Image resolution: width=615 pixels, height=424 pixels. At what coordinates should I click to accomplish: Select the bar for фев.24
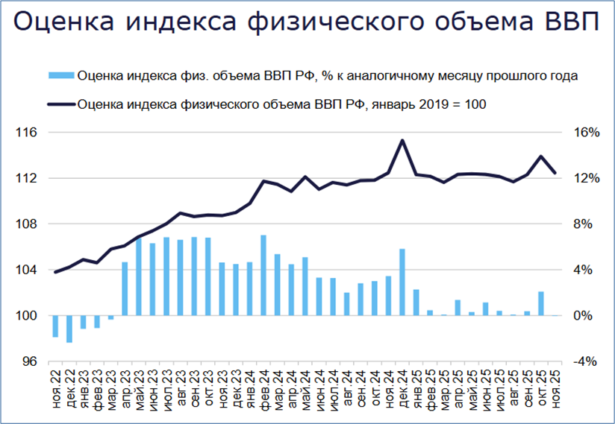263,275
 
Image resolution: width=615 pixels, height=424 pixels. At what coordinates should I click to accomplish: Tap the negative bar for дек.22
69,329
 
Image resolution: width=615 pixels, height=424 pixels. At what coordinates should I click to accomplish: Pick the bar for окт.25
541,303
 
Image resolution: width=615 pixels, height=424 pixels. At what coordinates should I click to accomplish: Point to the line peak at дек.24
402,140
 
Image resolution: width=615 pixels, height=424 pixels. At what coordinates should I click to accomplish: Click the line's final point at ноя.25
555,173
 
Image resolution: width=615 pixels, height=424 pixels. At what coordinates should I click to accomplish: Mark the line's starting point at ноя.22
55,272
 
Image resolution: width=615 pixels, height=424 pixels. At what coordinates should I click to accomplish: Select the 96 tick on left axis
30,361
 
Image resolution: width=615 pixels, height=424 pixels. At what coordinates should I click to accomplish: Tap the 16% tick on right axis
586,133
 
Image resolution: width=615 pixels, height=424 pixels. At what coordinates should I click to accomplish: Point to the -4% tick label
586,361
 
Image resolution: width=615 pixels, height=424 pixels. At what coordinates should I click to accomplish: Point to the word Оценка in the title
61,24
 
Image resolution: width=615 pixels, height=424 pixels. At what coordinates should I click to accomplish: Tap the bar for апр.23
125,288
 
